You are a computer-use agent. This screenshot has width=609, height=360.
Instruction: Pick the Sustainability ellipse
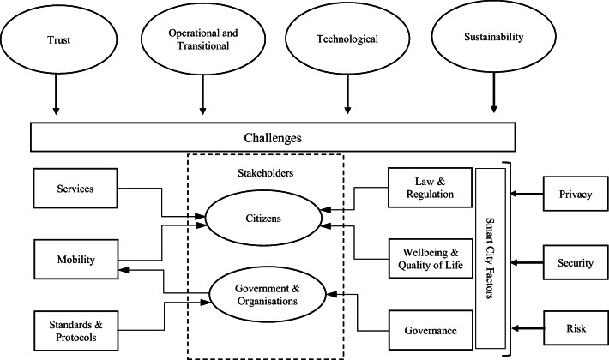click(x=493, y=38)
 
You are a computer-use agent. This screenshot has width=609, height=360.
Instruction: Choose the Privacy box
click(x=574, y=194)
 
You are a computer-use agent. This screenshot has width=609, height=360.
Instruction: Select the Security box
click(x=574, y=262)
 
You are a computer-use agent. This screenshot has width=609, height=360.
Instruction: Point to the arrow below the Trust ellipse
click(x=55, y=97)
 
